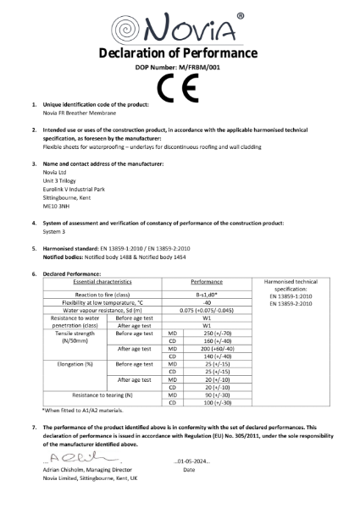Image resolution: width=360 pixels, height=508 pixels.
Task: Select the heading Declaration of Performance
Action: pos(180,56)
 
